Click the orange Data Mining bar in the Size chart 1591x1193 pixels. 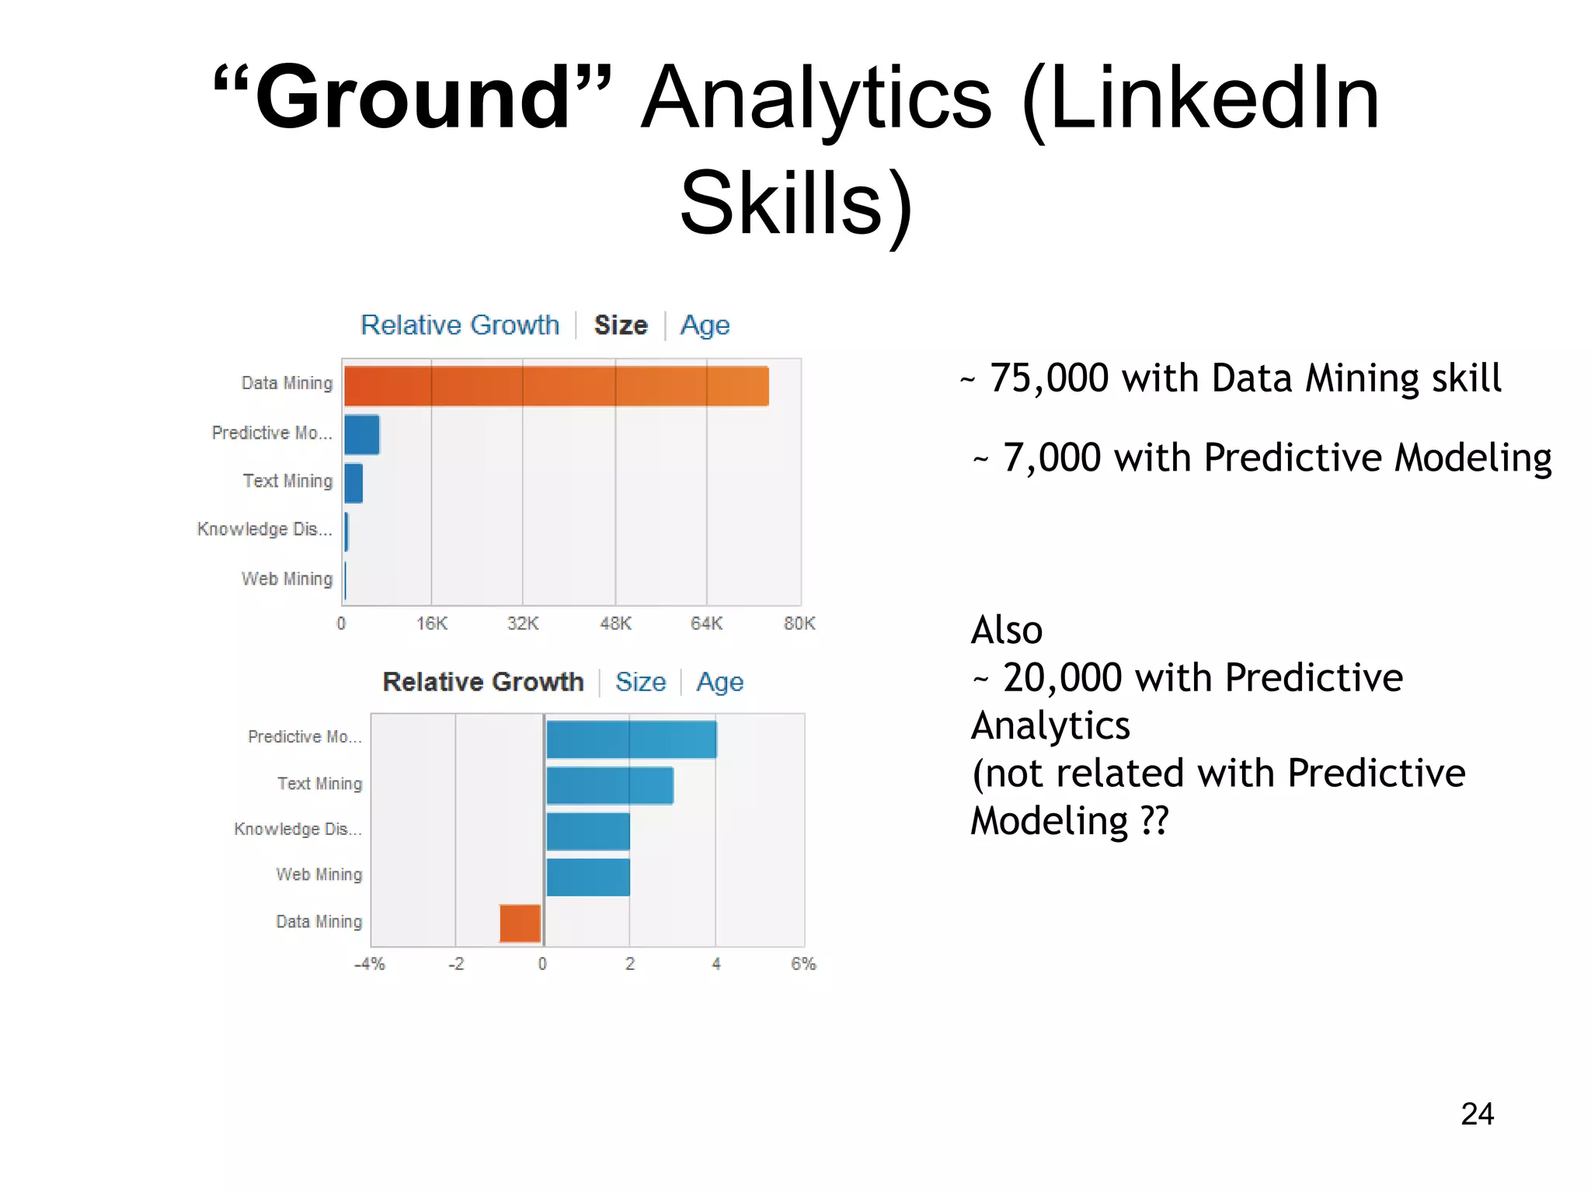click(556, 386)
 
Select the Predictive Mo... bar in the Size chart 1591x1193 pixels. click(362, 434)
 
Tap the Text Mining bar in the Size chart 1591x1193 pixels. click(353, 483)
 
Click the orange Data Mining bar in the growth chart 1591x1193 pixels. click(520, 923)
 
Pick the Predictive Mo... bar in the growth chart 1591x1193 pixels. click(631, 739)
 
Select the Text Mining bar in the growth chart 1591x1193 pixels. click(610, 785)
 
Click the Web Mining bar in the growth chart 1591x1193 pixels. click(588, 877)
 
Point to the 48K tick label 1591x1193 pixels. click(615, 624)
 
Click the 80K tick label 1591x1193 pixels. click(799, 624)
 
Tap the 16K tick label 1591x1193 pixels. click(432, 624)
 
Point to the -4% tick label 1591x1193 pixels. click(370, 964)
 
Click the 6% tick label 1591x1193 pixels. click(803, 964)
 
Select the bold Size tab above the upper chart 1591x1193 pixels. click(621, 325)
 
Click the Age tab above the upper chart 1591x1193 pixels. click(705, 325)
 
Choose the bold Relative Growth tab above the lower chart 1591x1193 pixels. click(483, 682)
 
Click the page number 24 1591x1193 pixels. click(1477, 1114)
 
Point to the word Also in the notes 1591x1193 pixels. click(1007, 630)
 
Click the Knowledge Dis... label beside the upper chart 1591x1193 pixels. click(264, 530)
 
